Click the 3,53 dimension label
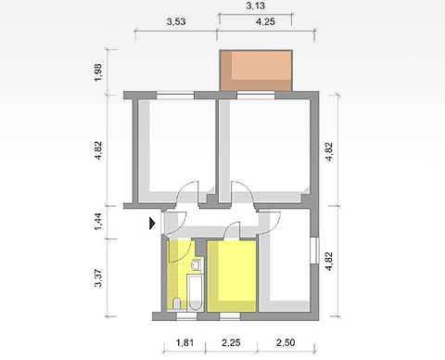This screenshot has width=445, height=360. tap(176, 21)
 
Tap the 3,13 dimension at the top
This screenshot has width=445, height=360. tap(256, 6)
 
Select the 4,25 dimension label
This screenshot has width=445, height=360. tap(265, 22)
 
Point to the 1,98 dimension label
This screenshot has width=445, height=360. tap(98, 72)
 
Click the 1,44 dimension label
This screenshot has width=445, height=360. tap(98, 222)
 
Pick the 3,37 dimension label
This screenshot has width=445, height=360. tap(98, 278)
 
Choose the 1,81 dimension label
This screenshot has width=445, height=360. tap(184, 342)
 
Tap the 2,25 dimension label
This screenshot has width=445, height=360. tap(231, 342)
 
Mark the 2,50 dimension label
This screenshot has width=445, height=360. tap(286, 342)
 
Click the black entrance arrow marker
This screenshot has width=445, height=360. tap(152, 223)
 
